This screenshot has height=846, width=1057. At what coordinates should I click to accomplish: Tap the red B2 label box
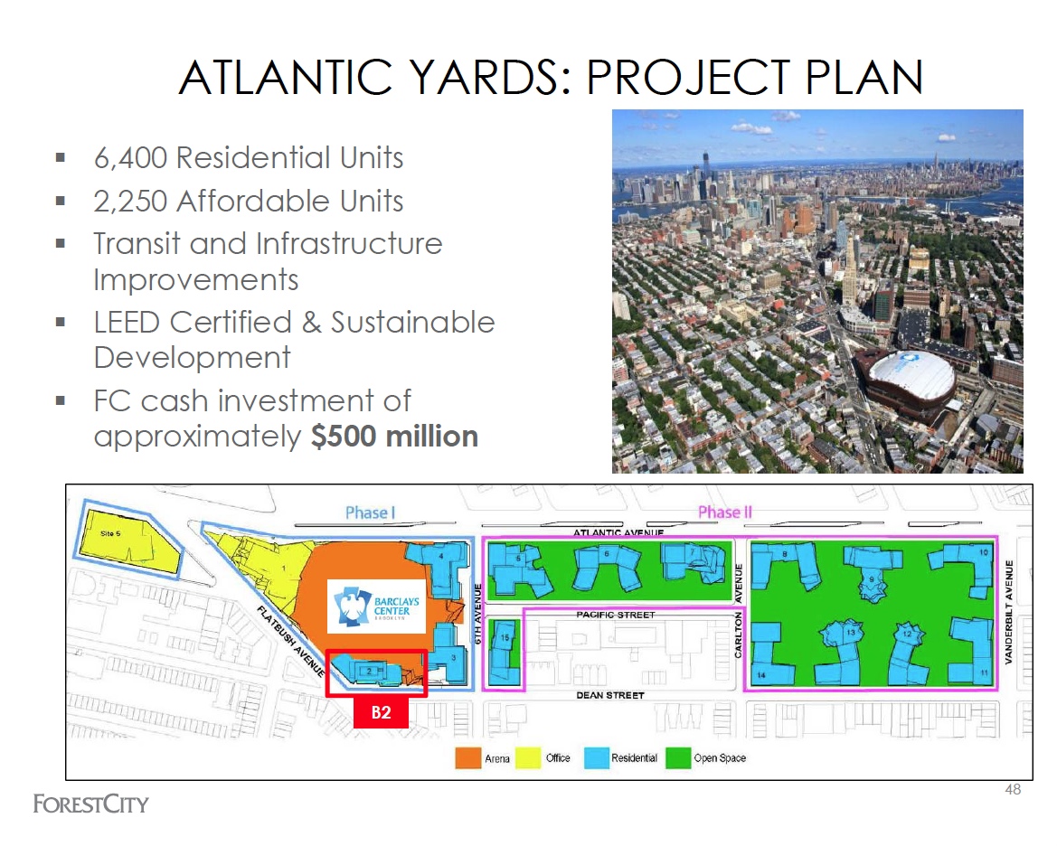382,712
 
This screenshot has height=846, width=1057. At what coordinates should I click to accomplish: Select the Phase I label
371,513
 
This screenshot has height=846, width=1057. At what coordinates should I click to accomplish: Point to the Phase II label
725,513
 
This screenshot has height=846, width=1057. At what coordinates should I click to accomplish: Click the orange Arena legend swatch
467,757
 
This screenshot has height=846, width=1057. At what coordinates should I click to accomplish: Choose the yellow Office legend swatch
527,757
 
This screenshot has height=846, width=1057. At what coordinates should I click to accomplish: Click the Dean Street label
610,695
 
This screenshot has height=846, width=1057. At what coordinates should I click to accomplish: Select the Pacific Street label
614,615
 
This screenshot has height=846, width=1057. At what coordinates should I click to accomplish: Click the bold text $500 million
394,437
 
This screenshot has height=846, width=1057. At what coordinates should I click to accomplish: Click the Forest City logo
90,804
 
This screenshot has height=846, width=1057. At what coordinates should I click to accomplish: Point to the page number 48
1013,790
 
